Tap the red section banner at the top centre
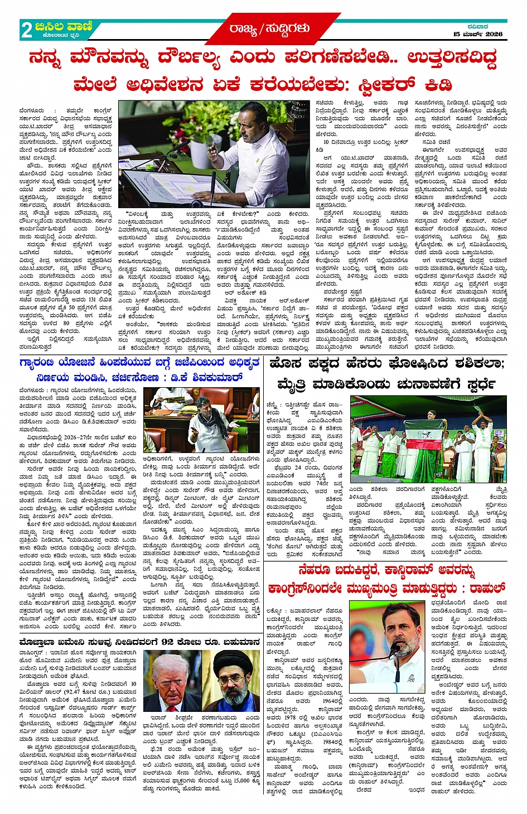tap(269, 28)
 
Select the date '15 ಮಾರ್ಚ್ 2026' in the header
tap(477, 35)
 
